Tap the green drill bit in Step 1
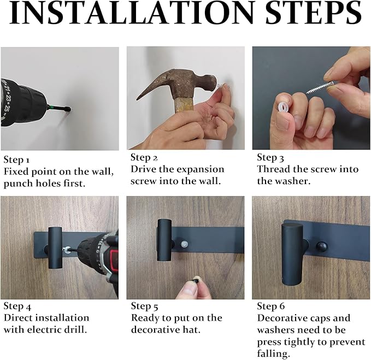pyautogui.click(x=58, y=108)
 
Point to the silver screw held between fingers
pyautogui.click(x=320, y=87)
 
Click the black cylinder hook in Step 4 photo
pyautogui.click(x=55, y=247)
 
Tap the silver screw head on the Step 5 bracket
pyautogui.click(x=184, y=244)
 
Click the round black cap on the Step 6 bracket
pyautogui.click(x=321, y=247)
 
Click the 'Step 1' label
pyautogui.click(x=16, y=160)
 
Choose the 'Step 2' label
pyautogui.click(x=144, y=157)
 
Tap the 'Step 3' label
pyautogui.click(x=270, y=157)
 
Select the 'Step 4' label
pyautogui.click(x=17, y=306)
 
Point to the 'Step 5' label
pyautogui.click(x=145, y=306)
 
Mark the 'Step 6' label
pyautogui.click(x=271, y=306)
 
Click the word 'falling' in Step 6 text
pyautogui.click(x=273, y=354)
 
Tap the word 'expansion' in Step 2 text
pyautogui.click(x=201, y=169)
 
